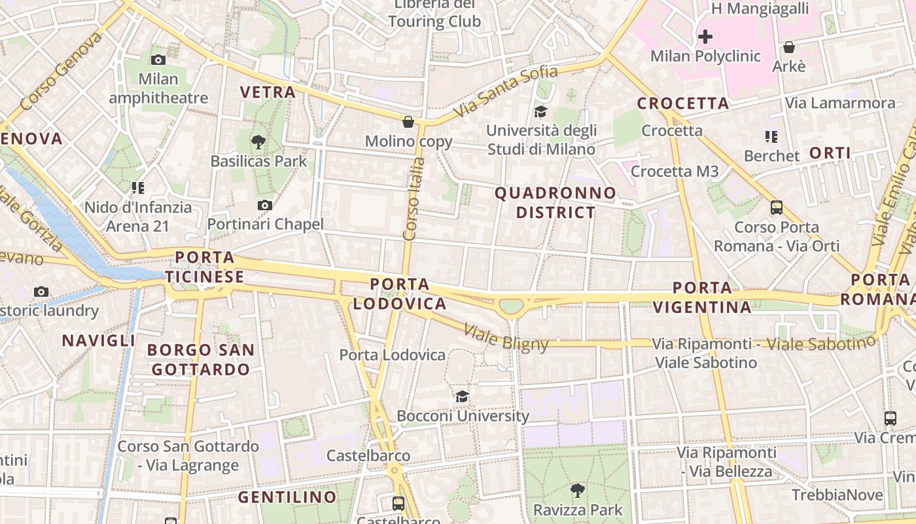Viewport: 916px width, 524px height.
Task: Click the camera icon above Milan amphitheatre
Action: [x=158, y=60]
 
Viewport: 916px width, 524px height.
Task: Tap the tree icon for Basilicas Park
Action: [x=258, y=141]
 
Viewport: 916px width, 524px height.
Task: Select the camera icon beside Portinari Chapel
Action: [x=265, y=206]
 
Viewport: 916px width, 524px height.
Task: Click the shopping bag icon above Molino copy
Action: [x=408, y=122]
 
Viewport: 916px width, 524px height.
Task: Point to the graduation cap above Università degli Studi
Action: [x=540, y=112]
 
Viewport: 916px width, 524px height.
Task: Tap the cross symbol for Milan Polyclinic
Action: [x=705, y=37]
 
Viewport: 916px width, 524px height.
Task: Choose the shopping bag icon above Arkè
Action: [x=789, y=47]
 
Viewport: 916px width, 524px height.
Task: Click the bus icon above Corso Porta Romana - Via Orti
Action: [x=777, y=208]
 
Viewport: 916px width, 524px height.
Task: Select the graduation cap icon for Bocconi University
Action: [x=463, y=396]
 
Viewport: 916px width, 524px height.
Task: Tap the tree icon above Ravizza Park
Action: [x=578, y=490]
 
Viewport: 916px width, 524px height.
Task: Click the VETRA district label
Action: [x=268, y=92]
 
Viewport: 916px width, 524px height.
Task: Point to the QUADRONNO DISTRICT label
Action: [x=555, y=202]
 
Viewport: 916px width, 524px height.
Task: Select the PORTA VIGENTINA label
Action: [x=702, y=297]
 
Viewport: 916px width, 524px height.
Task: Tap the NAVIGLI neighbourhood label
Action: [x=99, y=341]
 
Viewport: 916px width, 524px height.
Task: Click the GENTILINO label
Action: [x=287, y=497]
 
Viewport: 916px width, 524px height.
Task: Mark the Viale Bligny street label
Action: [x=506, y=337]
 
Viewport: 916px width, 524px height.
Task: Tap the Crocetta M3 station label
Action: [x=675, y=172]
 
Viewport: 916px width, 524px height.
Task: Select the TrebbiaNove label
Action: [x=837, y=495]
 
